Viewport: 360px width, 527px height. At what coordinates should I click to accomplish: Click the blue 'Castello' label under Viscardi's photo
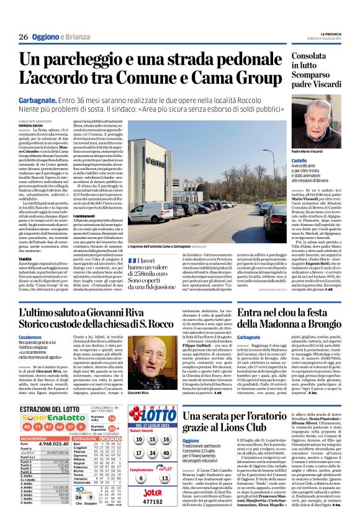click(x=300, y=160)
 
